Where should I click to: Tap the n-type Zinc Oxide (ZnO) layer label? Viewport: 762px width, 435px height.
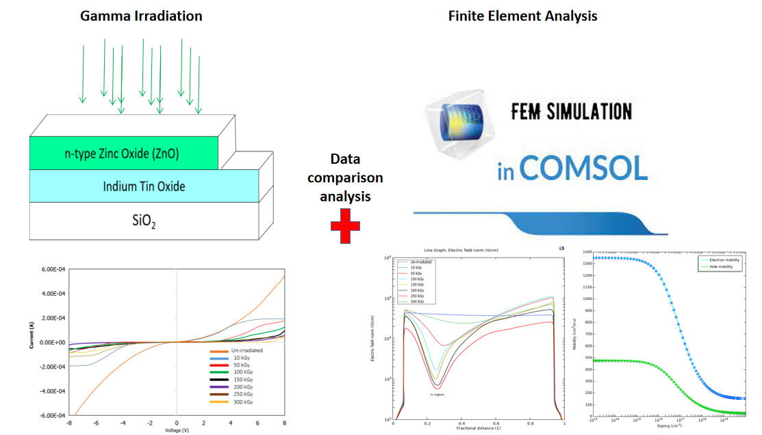(123, 153)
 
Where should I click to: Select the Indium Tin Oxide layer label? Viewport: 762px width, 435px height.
(144, 186)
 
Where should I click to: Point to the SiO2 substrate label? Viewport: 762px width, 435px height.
(144, 221)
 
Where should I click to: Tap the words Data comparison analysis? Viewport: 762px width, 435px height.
(345, 178)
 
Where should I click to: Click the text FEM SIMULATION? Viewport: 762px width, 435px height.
(572, 111)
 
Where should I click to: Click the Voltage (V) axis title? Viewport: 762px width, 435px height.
(177, 430)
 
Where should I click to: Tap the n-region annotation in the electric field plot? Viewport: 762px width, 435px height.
(437, 395)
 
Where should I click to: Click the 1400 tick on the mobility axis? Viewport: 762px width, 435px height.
(585, 252)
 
